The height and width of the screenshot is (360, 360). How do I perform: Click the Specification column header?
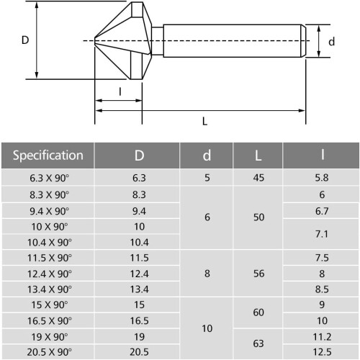point(48,156)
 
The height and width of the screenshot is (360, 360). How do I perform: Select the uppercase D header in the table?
point(139,156)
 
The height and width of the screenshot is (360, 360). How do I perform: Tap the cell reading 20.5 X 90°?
point(49,352)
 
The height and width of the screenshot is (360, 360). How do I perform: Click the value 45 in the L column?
point(258,178)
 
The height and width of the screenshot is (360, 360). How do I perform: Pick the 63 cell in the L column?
point(258,343)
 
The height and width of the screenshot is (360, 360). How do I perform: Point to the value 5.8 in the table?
point(322,178)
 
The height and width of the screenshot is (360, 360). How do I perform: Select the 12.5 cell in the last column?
point(322,352)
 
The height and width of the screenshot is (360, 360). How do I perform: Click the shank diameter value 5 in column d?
point(207,178)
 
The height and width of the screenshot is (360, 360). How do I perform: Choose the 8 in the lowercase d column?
point(207,274)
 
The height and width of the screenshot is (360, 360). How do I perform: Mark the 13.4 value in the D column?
point(139,289)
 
